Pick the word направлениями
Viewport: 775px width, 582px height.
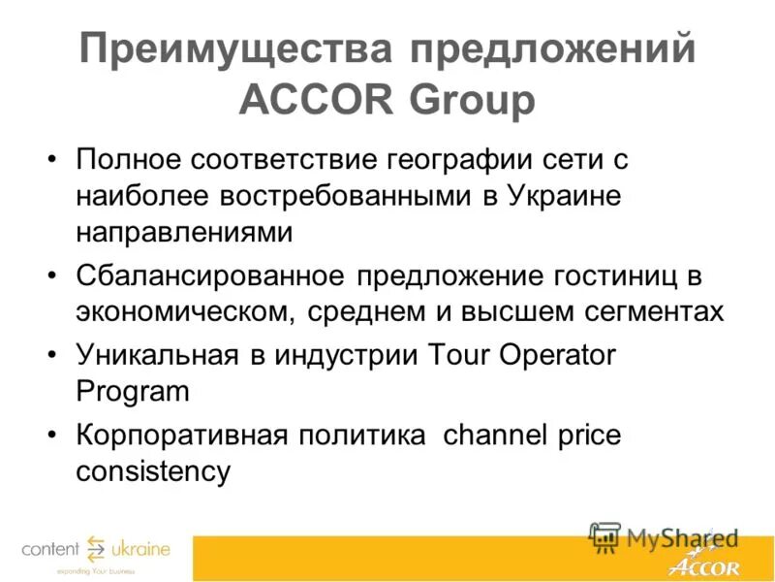tap(184, 233)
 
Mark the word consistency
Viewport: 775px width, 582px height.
tap(153, 471)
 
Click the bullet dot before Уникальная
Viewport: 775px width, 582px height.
tap(52, 355)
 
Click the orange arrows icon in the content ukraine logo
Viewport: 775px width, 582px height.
tap(96, 549)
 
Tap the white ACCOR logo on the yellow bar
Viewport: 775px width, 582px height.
tap(705, 565)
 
